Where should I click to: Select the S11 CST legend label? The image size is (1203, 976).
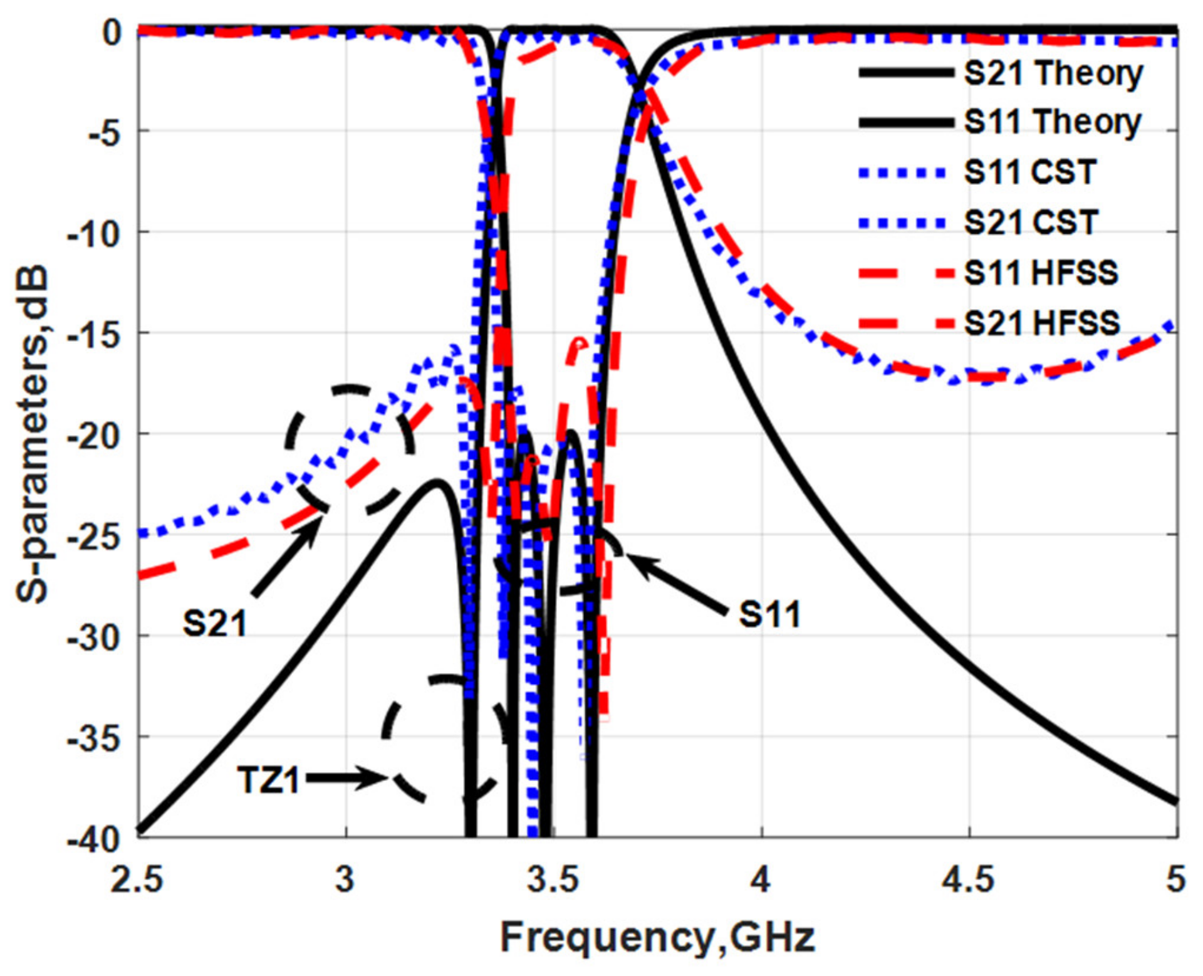click(1030, 172)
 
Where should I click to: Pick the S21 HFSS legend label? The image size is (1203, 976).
click(1041, 323)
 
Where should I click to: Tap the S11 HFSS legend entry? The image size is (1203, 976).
click(1040, 273)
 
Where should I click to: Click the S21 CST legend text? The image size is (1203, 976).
click(1031, 223)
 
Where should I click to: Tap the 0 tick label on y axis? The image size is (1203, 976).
click(113, 31)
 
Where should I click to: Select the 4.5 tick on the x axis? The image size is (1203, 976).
click(969, 879)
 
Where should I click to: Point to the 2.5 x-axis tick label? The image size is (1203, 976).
click(137, 879)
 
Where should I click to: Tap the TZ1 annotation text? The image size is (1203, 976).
click(268, 781)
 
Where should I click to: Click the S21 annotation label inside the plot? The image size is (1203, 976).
click(214, 624)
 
